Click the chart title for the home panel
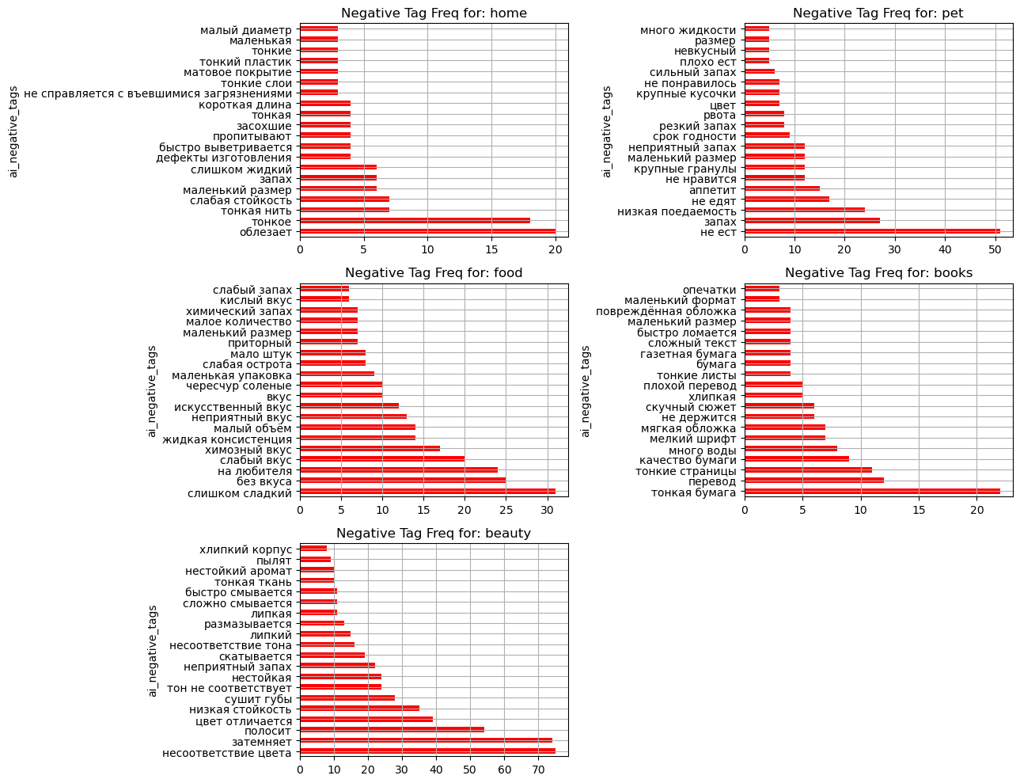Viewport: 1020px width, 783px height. [x=434, y=13]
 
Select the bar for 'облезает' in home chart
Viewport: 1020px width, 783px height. [x=427, y=231]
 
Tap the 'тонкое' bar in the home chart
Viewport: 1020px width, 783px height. [x=415, y=221]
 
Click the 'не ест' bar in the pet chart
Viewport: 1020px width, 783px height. [x=872, y=231]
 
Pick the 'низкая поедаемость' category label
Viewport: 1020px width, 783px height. [x=677, y=211]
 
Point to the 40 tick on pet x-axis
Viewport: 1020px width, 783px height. [x=945, y=249]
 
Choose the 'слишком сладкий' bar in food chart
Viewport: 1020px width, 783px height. [x=427, y=492]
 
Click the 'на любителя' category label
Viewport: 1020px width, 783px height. [x=255, y=471]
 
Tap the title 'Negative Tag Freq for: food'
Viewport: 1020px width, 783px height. [x=434, y=272]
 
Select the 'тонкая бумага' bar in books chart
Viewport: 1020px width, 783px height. [x=872, y=492]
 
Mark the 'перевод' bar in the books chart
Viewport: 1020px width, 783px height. [x=814, y=481]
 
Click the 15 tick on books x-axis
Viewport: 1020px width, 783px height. [x=919, y=510]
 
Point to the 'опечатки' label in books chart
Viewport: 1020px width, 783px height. [x=709, y=290]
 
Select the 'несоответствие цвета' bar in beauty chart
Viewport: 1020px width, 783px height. [x=427, y=751]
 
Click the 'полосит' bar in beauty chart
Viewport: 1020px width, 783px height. [x=392, y=729]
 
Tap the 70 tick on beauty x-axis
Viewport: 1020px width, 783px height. [x=538, y=770]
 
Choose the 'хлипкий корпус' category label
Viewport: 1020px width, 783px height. [x=245, y=549]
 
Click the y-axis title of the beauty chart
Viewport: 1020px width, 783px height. [x=152, y=651]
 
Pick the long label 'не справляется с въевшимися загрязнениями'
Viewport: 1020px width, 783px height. [x=157, y=94]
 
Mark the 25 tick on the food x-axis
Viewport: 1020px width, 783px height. [x=506, y=510]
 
